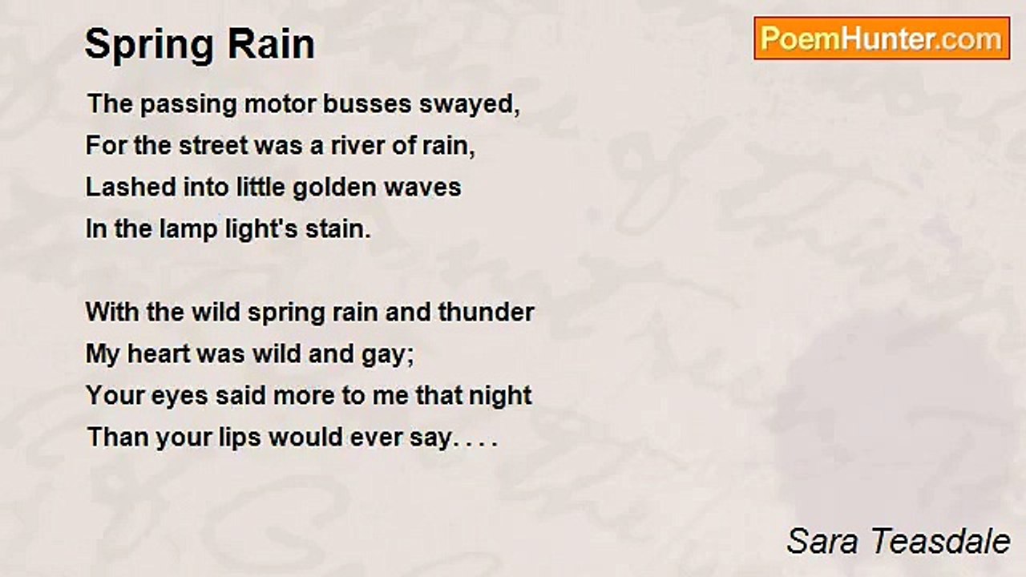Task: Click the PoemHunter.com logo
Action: [882, 38]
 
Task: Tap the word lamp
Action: [172, 230]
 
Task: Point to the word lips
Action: [240, 438]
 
